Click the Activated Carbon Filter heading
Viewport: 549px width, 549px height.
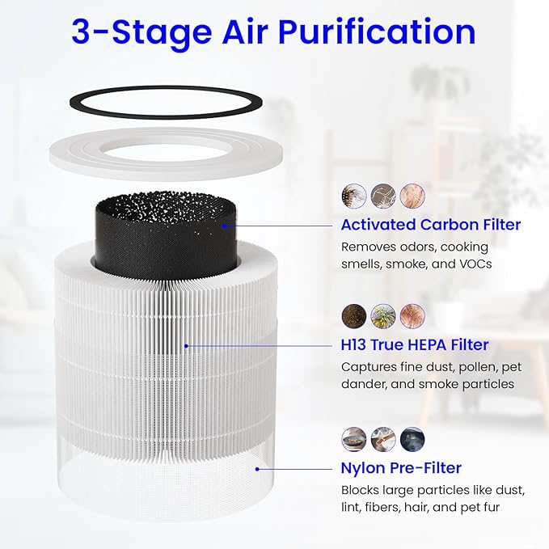pyautogui.click(x=430, y=225)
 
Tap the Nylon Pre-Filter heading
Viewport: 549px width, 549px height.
pyautogui.click(x=401, y=467)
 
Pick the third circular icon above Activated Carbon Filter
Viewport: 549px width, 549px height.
pyautogui.click(x=412, y=195)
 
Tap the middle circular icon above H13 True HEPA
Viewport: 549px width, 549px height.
pyautogui.click(x=383, y=315)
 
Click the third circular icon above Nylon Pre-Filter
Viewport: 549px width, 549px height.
pyautogui.click(x=412, y=438)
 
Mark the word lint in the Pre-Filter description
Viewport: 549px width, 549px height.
pyautogui.click(x=352, y=508)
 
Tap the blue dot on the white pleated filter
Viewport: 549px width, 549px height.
pyautogui.click(x=187, y=345)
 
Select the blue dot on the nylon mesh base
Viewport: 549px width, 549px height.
pyautogui.click(x=257, y=467)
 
